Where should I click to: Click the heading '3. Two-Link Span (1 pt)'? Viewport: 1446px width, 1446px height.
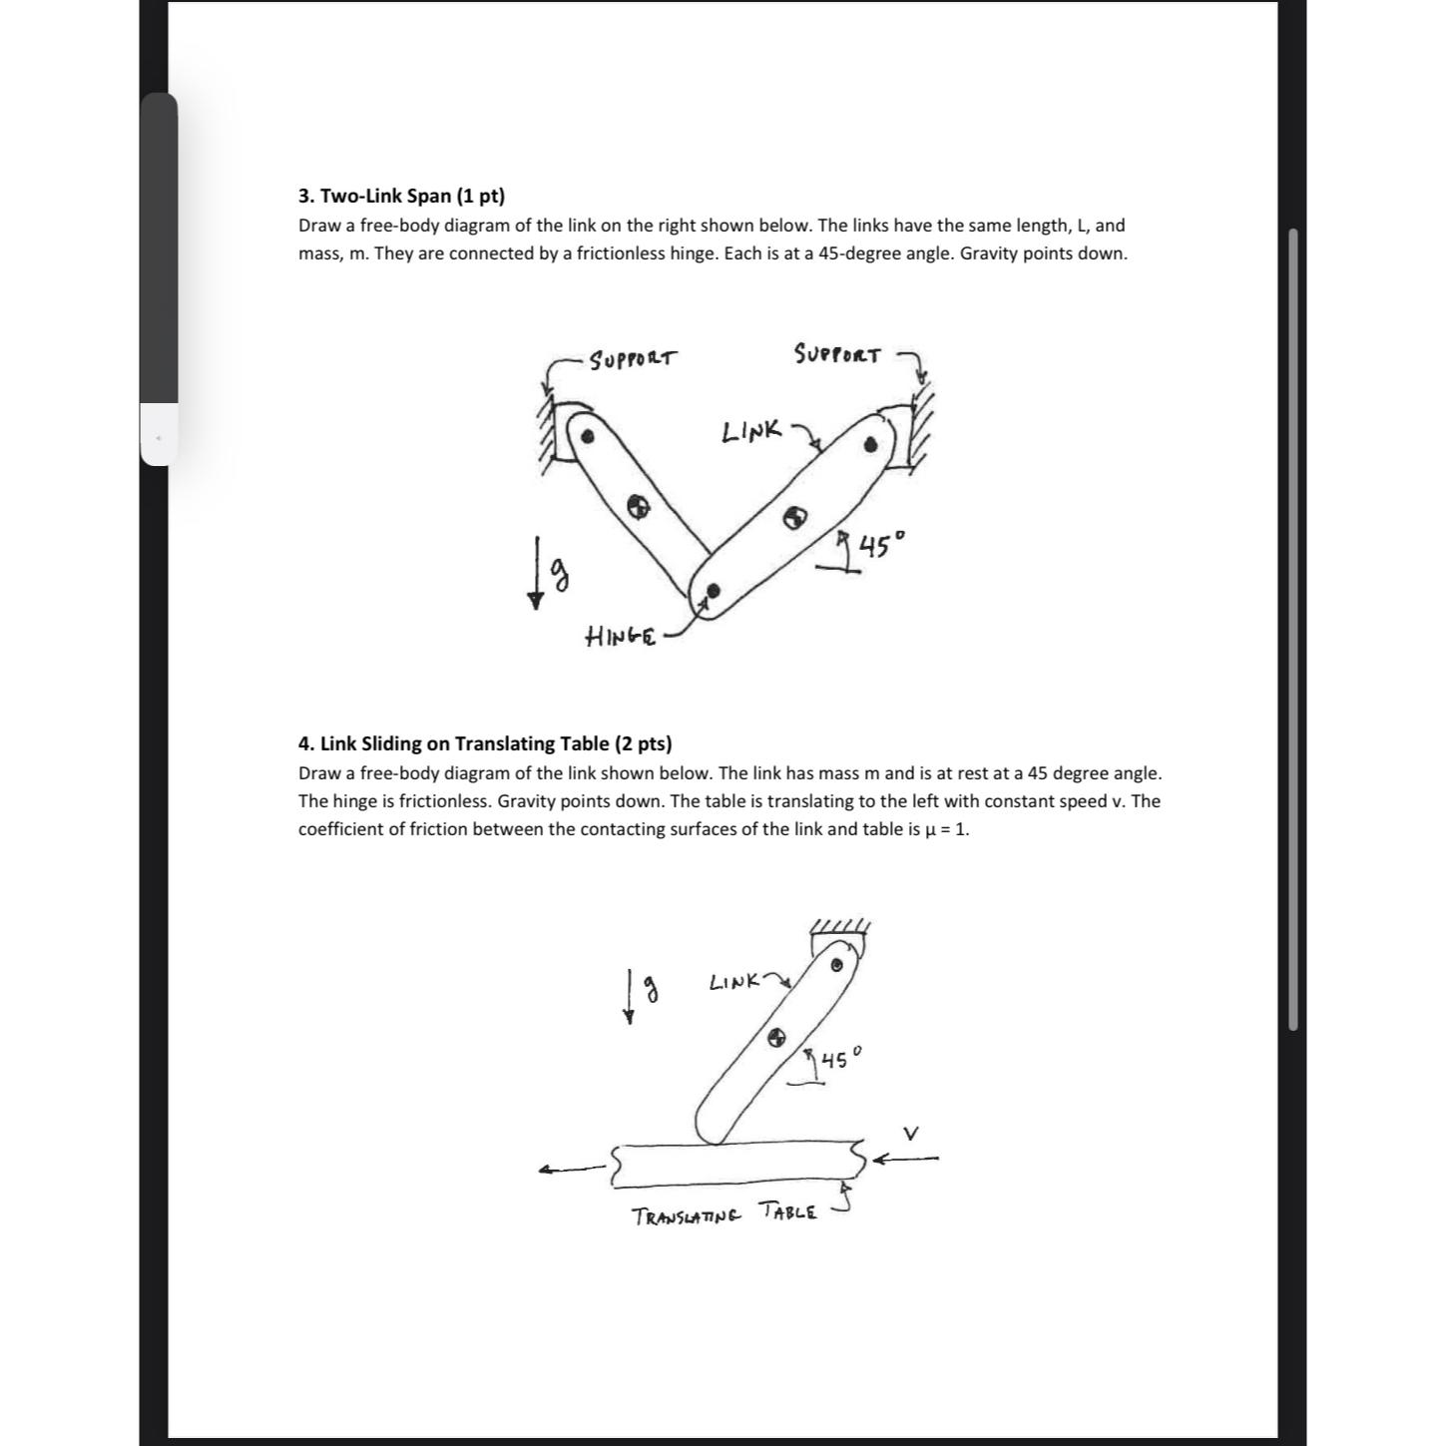[x=401, y=196]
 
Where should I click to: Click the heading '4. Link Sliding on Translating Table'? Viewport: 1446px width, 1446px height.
[x=484, y=743]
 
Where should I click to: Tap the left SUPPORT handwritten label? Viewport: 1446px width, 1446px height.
[x=633, y=358]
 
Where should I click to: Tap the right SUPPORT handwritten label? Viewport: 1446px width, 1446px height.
[x=837, y=354]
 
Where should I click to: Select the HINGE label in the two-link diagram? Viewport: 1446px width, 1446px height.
[x=620, y=636]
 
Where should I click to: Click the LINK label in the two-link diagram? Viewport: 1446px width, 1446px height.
[x=750, y=432]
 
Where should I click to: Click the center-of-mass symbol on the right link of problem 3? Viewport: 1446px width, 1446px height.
[x=794, y=517]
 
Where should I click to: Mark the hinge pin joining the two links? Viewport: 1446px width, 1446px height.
[x=713, y=591]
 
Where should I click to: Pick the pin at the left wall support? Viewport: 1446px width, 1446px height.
[x=589, y=436]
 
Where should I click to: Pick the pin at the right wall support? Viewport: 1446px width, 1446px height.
[x=872, y=444]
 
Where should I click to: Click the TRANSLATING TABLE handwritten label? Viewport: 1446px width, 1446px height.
[x=724, y=1214]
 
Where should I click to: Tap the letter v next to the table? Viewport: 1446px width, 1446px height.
[x=910, y=1133]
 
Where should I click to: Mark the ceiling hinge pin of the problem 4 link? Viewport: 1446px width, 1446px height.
[x=836, y=965]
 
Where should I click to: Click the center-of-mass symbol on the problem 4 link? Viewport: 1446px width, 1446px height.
[x=776, y=1038]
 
